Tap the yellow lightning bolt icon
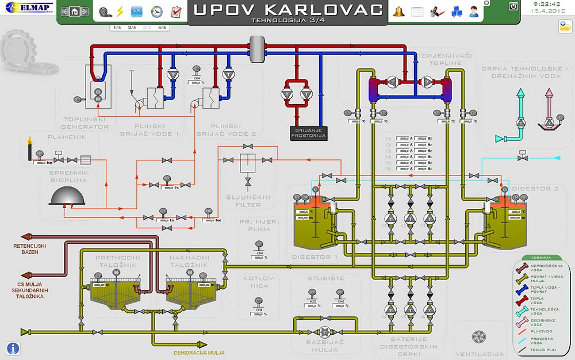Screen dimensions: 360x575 120,12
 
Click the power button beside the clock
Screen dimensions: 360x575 513,6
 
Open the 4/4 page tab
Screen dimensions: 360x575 162,28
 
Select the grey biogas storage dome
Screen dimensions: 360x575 68,196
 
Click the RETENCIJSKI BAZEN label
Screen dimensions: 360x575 30,249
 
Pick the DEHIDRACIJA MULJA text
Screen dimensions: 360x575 199,353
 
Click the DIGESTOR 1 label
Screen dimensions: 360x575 315,257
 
